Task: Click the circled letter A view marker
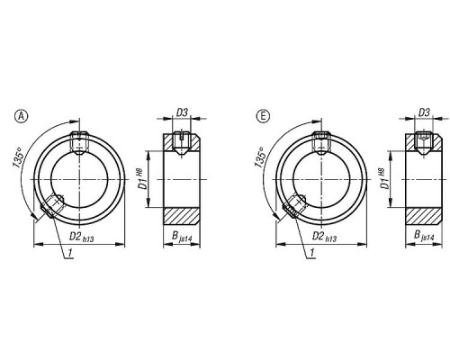coord(22,116)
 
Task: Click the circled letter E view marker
coord(263,116)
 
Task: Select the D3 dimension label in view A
coord(182,112)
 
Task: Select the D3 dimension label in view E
coord(424,112)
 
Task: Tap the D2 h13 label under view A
coord(82,237)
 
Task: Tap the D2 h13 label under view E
coord(324,237)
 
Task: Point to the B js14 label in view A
coord(182,237)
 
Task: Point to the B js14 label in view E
coord(424,236)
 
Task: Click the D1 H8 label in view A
coord(143,180)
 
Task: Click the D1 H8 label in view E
coord(385,180)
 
